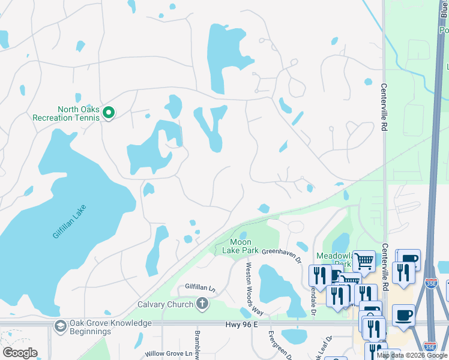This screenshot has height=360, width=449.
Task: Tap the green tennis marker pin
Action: [x=109, y=112]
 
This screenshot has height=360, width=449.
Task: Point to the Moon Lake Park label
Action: [x=240, y=246]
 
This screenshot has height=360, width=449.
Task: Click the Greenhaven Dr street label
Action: [x=281, y=253]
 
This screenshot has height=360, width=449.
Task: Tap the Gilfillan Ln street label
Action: [x=200, y=288]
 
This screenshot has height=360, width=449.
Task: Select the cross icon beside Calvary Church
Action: [x=202, y=304]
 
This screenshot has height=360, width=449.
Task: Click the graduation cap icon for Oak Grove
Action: [x=60, y=326]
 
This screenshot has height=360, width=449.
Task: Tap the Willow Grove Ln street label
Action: [x=172, y=354]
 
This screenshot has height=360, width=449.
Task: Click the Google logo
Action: [x=20, y=353]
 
